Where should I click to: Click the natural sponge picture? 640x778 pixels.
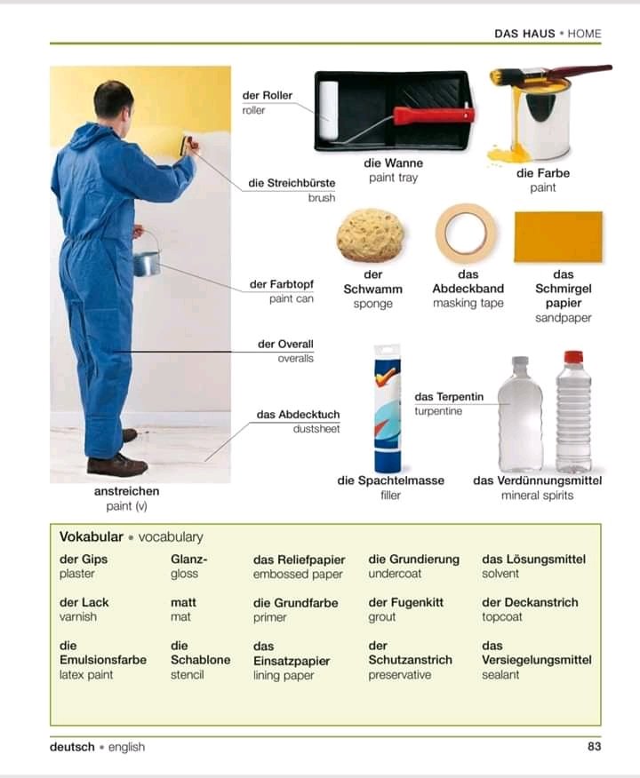pyautogui.click(x=371, y=235)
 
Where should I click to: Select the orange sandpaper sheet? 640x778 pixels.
pyautogui.click(x=558, y=236)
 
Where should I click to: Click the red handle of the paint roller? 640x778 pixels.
pyautogui.click(x=434, y=115)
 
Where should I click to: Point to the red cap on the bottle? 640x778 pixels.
pyautogui.click(x=573, y=357)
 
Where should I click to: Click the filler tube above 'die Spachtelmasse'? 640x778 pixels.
pyautogui.click(x=388, y=409)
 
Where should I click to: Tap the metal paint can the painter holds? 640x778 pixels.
pyautogui.click(x=147, y=263)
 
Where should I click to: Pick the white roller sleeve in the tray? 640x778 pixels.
pyautogui.click(x=328, y=109)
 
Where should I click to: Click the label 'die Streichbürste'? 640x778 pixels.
pyautogui.click(x=292, y=183)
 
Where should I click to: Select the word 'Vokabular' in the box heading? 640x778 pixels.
pyautogui.click(x=92, y=536)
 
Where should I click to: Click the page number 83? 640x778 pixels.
pyautogui.click(x=595, y=747)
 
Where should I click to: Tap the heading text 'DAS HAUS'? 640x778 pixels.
pyautogui.click(x=524, y=34)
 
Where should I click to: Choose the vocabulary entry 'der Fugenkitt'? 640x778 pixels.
pyautogui.click(x=405, y=602)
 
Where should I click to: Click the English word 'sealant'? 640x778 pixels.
pyautogui.click(x=500, y=675)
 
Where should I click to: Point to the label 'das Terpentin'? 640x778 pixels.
pyautogui.click(x=449, y=396)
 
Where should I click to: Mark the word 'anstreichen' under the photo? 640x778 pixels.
pyautogui.click(x=126, y=491)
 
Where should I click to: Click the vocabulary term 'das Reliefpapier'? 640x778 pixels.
pyautogui.click(x=299, y=560)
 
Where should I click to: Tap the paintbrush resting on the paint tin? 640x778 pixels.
pyautogui.click(x=551, y=75)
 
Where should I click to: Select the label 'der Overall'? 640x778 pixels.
pyautogui.click(x=285, y=344)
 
